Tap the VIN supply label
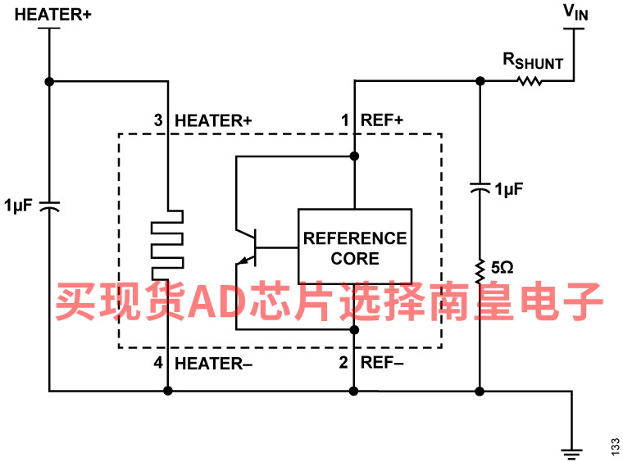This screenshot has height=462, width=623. point(575,11)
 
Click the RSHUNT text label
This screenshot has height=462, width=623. point(533,61)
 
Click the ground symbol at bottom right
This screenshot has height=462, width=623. point(571,449)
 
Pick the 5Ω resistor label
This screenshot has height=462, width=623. point(502,267)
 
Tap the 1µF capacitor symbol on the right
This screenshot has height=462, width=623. point(480,188)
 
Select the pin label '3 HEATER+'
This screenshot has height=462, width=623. point(202,120)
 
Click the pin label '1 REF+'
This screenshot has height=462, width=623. point(373,120)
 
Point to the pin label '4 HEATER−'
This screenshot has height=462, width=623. point(202,363)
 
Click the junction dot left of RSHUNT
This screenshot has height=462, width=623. point(480,81)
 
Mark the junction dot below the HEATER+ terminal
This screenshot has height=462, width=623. point(50,81)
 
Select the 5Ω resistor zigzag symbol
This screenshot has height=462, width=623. point(480,267)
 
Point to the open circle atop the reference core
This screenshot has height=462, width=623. point(354,156)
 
